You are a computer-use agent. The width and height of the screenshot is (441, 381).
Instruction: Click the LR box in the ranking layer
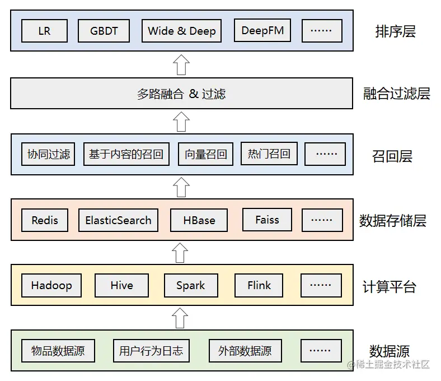(44, 31)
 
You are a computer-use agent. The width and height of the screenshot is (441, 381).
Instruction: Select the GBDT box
(104, 31)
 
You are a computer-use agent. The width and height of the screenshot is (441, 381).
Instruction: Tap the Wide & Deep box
(182, 31)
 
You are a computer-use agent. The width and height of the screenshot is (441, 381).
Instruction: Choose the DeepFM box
(262, 31)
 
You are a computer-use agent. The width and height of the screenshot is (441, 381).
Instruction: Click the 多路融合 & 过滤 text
(181, 94)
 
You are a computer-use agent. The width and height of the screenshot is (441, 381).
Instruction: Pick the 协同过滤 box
(49, 154)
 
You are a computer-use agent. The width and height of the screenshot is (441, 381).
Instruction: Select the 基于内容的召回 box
(126, 154)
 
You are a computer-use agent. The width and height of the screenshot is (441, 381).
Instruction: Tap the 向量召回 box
(205, 154)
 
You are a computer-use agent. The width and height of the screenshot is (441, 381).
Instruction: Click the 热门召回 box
(269, 154)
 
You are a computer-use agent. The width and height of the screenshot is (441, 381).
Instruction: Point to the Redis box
(45, 220)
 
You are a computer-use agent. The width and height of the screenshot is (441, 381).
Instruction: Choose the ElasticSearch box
(118, 220)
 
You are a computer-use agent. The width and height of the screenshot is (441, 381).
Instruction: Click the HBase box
(199, 220)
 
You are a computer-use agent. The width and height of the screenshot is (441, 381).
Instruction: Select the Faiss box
(267, 220)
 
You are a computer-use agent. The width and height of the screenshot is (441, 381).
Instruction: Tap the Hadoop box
(51, 285)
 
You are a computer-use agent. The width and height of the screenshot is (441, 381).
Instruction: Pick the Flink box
(259, 285)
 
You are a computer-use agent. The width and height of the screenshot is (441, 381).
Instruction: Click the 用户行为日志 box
(151, 351)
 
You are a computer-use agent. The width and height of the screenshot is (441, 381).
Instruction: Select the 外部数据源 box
(245, 351)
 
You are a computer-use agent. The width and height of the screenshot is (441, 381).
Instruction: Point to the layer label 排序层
(395, 31)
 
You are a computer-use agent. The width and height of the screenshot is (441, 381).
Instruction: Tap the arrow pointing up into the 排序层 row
(181, 64)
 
